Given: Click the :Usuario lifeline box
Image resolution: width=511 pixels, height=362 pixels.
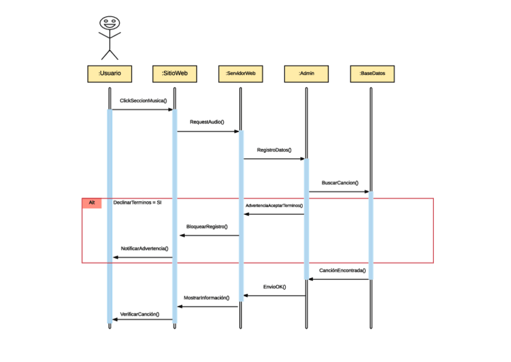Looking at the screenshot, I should (110, 73).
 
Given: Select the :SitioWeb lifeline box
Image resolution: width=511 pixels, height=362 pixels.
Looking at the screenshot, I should (175, 73).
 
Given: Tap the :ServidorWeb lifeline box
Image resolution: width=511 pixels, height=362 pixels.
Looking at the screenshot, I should (240, 73).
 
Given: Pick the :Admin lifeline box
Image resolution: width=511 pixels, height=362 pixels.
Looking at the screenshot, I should (306, 73).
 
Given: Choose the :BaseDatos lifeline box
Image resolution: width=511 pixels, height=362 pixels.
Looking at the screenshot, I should (372, 73).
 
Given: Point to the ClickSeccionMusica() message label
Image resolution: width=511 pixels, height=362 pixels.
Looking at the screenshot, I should (143, 101).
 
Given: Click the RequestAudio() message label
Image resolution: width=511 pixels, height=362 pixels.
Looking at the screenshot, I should (207, 122).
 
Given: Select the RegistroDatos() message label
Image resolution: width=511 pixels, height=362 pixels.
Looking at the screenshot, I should (274, 150).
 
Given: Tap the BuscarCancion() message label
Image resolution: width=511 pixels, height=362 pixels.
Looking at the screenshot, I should (340, 182).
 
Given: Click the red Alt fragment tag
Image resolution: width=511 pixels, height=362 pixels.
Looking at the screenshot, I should (92, 203).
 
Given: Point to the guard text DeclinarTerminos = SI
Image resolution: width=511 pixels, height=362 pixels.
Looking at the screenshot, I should (137, 203).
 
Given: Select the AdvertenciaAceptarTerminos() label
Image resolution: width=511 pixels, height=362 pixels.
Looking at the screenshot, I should (274, 206).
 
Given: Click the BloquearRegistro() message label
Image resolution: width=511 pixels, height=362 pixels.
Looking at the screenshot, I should (207, 226).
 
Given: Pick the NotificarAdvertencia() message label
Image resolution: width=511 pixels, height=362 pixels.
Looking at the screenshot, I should (145, 248).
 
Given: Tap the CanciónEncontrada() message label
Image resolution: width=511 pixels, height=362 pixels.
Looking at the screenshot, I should (342, 270).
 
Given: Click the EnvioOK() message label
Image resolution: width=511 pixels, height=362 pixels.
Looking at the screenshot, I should (275, 287).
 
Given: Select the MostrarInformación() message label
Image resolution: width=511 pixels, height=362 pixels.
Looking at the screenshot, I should (207, 298).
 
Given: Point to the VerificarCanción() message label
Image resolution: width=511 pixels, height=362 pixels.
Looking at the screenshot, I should (140, 314).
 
